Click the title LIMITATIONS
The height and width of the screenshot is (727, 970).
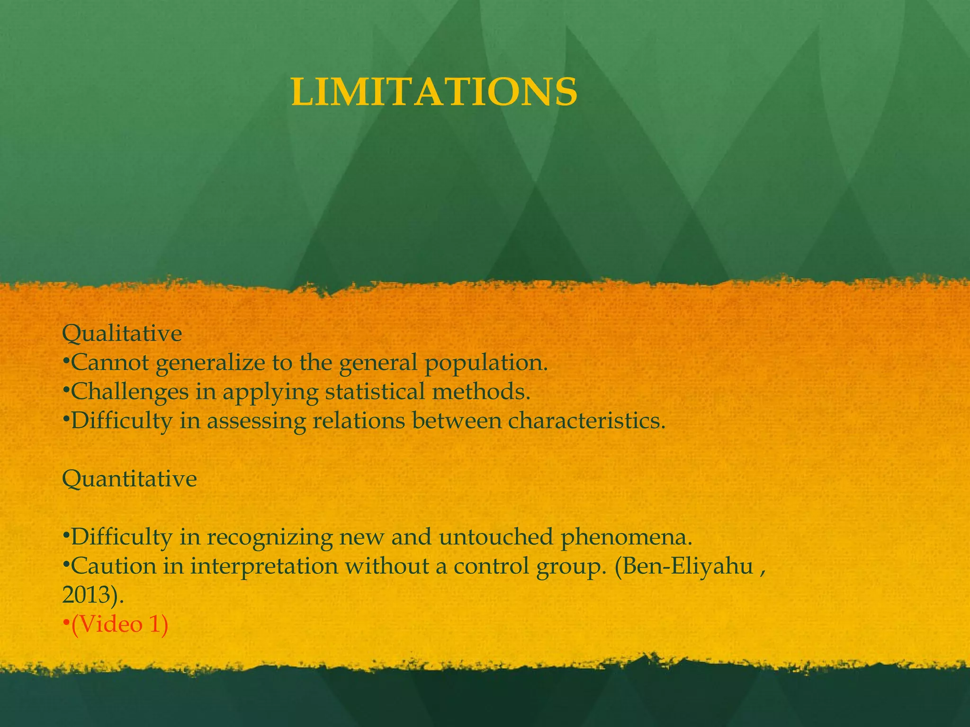coord(434,92)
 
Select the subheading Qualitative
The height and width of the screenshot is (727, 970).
coord(122,334)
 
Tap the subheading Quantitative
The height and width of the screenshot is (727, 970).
coord(129,479)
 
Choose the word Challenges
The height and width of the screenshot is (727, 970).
coord(130,392)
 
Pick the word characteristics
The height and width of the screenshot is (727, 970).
coord(586,421)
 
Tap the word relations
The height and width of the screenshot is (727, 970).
coord(359,421)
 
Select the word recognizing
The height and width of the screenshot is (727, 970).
coord(269,537)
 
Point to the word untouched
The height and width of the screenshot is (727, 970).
coord(496,537)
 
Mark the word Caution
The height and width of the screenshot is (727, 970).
coord(114,566)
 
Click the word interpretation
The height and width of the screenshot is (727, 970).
coord(264,567)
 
